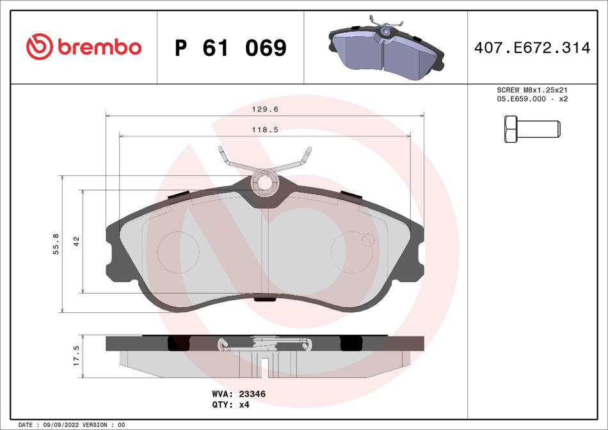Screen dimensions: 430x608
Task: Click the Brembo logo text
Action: click(99, 47)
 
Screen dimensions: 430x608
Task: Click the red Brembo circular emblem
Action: click(38, 47)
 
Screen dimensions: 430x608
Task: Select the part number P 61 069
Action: click(230, 47)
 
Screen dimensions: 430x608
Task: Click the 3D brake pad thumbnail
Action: click(385, 47)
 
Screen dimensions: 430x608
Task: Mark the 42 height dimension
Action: click(76, 241)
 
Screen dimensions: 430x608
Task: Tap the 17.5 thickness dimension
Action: click(76, 355)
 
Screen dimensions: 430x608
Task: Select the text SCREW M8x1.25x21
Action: click(532, 91)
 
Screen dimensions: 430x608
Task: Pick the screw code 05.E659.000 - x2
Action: click(532, 100)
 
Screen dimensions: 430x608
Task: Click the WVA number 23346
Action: click(252, 395)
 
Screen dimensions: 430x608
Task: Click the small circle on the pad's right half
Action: click(367, 240)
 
